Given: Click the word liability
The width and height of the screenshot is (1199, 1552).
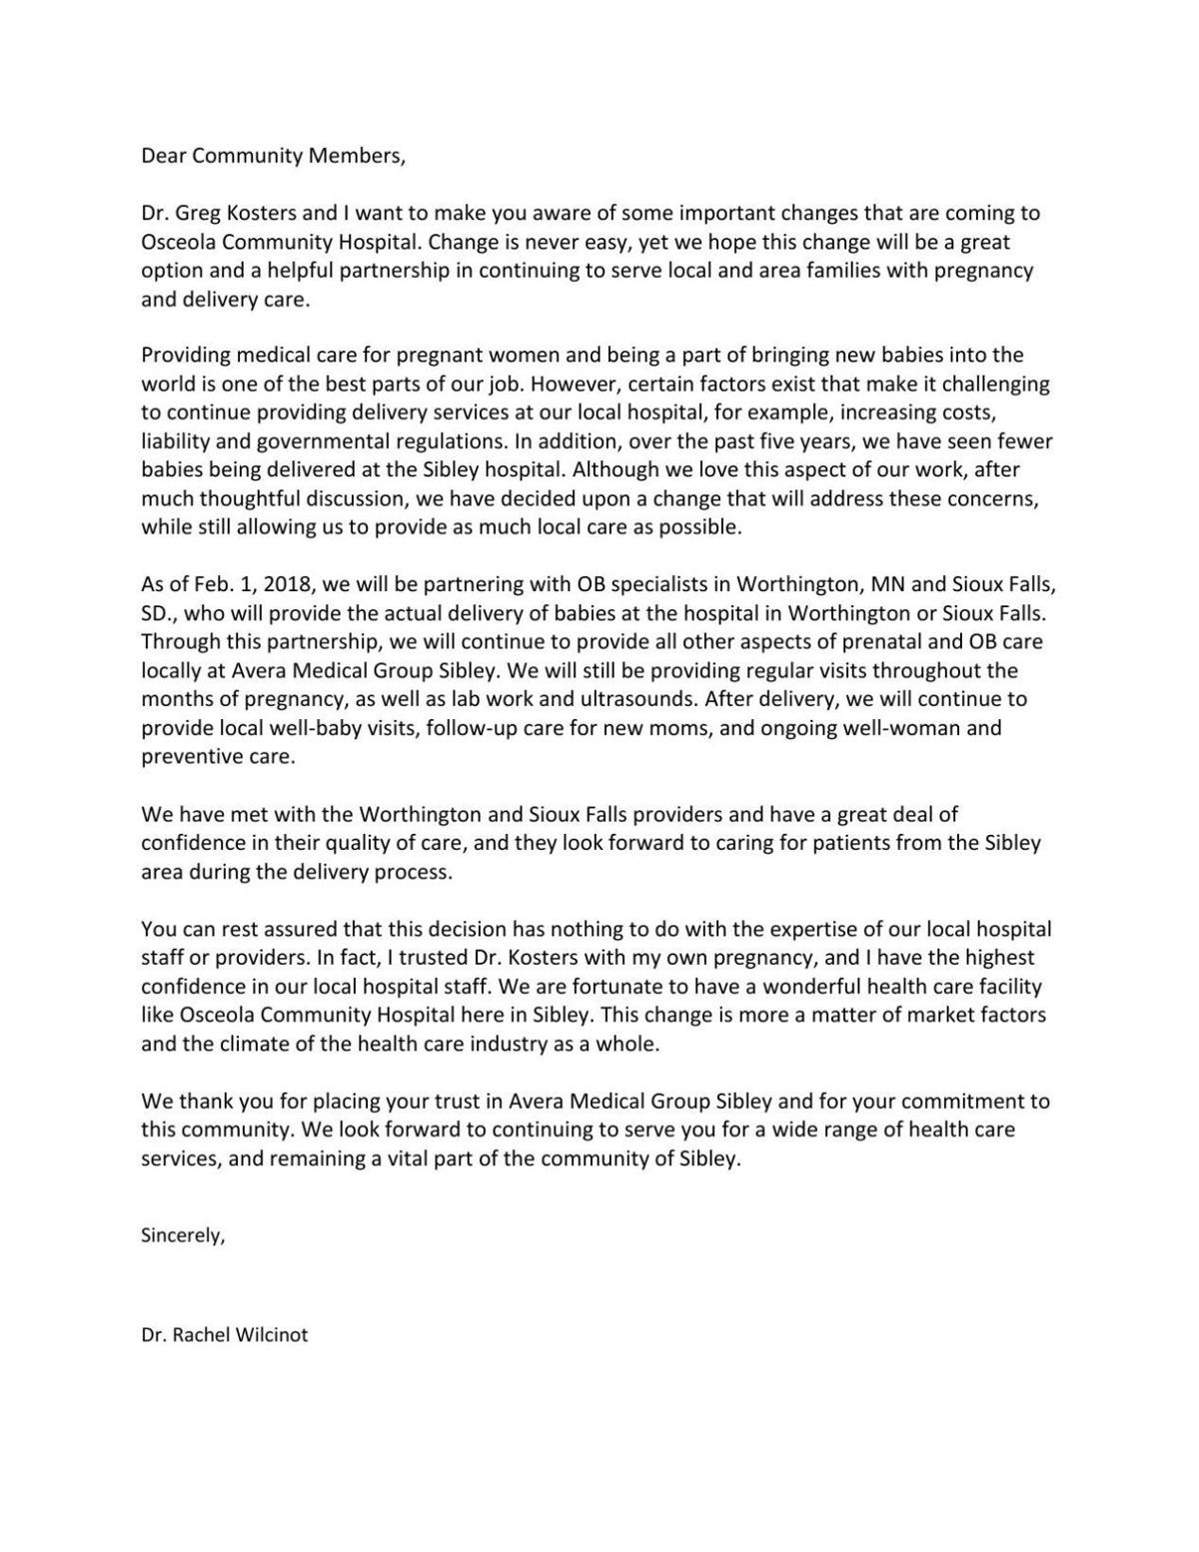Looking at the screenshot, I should (172, 440).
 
